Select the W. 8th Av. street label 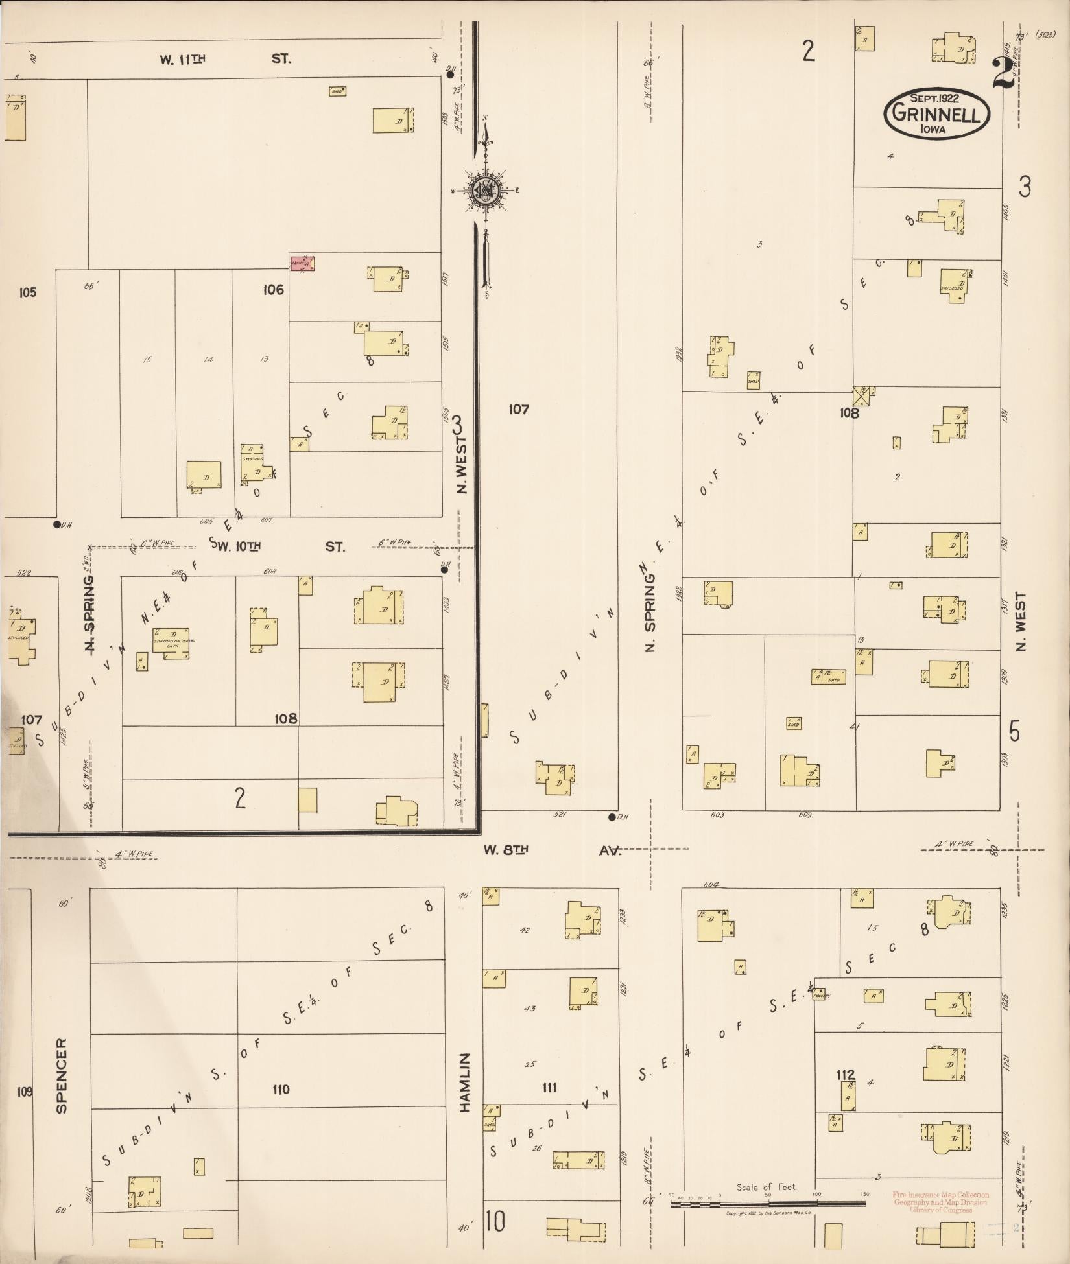[552, 850]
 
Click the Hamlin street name [464, 1082]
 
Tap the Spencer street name [62, 1075]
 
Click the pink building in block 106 [302, 263]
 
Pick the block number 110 [281, 1089]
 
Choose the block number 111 [549, 1087]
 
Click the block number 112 [846, 1075]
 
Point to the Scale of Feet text [766, 1187]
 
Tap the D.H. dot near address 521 [612, 817]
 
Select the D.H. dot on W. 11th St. [450, 75]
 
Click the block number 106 [273, 290]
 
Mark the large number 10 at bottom [494, 1222]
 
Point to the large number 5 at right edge [1014, 731]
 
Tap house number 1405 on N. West [1006, 211]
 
